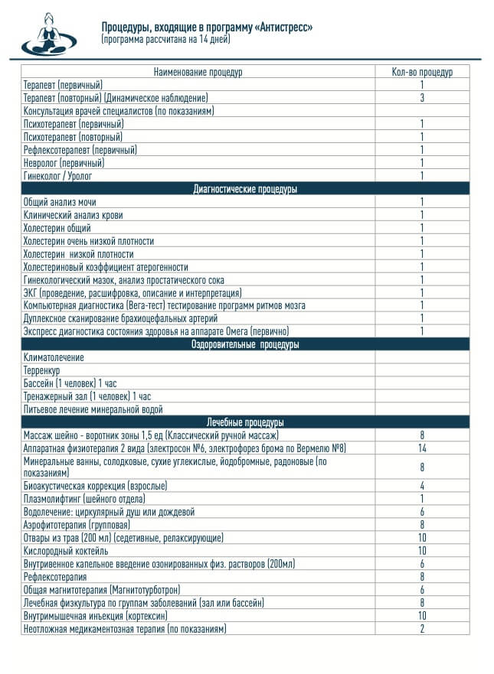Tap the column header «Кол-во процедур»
pyautogui.click(x=421, y=72)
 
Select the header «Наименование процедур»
pyautogui.click(x=198, y=72)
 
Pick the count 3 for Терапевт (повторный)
pyautogui.click(x=422, y=98)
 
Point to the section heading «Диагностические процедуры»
pyautogui.click(x=245, y=189)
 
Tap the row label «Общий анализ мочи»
pyautogui.click(x=60, y=202)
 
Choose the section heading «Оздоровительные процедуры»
pyautogui.click(x=245, y=345)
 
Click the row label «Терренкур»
pyautogui.click(x=42, y=370)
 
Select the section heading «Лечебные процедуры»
pyautogui.click(x=245, y=422)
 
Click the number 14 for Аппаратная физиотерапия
pyautogui.click(x=422, y=448)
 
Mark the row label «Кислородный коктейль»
pyautogui.click(x=66, y=551)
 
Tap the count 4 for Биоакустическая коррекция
pyautogui.click(x=422, y=486)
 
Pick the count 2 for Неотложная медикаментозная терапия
pyautogui.click(x=422, y=629)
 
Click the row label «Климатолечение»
pyautogui.click(x=54, y=357)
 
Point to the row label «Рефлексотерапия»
pyautogui.click(x=54, y=577)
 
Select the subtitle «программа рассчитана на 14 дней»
pyautogui.click(x=165, y=38)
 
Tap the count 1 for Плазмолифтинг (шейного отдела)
pyautogui.click(x=422, y=499)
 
